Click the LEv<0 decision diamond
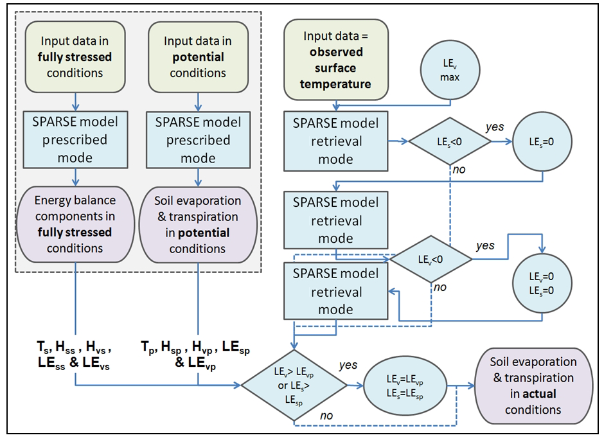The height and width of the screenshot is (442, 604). pyautogui.click(x=432, y=258)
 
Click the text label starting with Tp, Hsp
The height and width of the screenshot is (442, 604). pyautogui.click(x=196, y=355)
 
